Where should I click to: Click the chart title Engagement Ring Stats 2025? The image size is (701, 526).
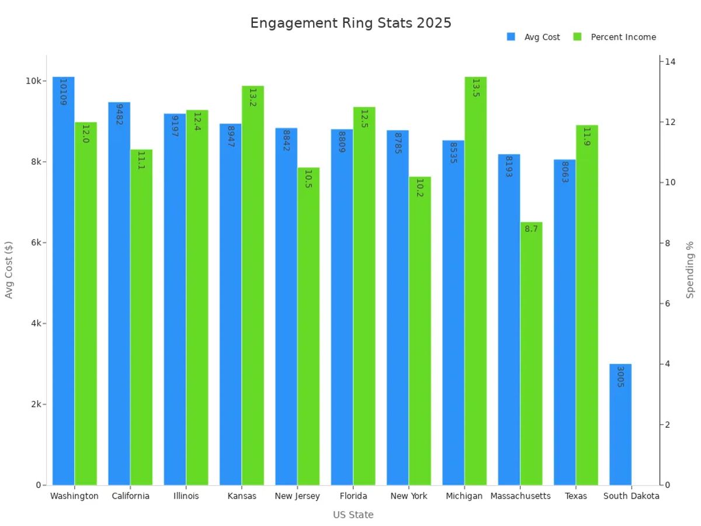point(350,23)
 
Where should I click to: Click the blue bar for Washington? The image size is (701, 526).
point(64,281)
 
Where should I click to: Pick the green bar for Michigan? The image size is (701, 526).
point(476,281)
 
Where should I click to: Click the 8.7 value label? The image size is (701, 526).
point(531,229)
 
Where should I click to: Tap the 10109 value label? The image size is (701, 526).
point(64,92)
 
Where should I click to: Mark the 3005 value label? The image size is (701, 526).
point(620,376)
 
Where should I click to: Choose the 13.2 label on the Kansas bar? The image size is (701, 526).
point(252,98)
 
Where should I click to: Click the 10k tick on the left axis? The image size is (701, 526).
point(33,81)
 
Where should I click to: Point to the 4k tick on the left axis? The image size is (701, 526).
point(35,323)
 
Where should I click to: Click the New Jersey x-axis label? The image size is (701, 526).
point(297,496)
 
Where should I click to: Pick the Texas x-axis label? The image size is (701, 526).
point(575,496)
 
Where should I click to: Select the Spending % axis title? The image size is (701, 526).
point(690,269)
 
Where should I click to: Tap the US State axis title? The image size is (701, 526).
point(353,515)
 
